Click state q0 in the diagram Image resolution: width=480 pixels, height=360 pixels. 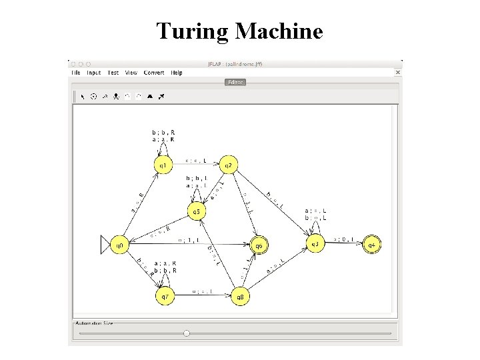tap(119, 245)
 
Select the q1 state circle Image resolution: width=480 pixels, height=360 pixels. tap(162, 164)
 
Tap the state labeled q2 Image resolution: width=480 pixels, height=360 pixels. tap(228, 164)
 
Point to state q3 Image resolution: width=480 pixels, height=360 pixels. tap(315, 245)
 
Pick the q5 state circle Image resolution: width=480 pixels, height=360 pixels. tap(196, 212)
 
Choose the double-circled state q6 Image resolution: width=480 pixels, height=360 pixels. tap(259, 245)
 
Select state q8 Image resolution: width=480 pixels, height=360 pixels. tap(240, 295)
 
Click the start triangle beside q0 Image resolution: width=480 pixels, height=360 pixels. tap(105, 245)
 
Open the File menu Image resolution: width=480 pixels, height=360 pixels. tap(75, 73)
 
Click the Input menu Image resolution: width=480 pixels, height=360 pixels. tap(94, 73)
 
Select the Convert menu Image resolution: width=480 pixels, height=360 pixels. tap(154, 73)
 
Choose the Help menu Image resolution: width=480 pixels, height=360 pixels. tap(177, 73)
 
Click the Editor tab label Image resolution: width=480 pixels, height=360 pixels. tap(235, 83)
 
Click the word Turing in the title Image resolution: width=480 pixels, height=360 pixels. tap(193, 31)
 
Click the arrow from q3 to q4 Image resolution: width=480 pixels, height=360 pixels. tap(344, 245)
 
